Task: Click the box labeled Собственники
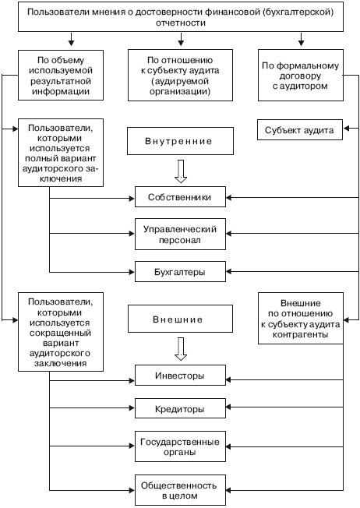coord(180,196)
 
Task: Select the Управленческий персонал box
coord(180,234)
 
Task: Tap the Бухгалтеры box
coord(180,271)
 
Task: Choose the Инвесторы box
coord(180,376)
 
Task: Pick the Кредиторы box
coord(180,408)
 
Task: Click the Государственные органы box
coord(180,446)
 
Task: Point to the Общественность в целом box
coord(180,490)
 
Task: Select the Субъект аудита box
coord(300,130)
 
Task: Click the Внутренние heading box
coord(180,141)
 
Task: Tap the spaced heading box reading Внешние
coord(180,319)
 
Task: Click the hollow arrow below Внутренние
coord(181,171)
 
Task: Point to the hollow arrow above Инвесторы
coord(181,349)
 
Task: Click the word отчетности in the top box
coord(181,23)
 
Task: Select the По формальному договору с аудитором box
coord(301,75)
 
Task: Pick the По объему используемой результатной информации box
coord(61,75)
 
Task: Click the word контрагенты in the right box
coord(300,334)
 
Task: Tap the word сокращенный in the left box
coord(60,333)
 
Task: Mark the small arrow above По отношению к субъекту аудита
coord(181,39)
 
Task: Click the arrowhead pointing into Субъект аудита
coord(346,129)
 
